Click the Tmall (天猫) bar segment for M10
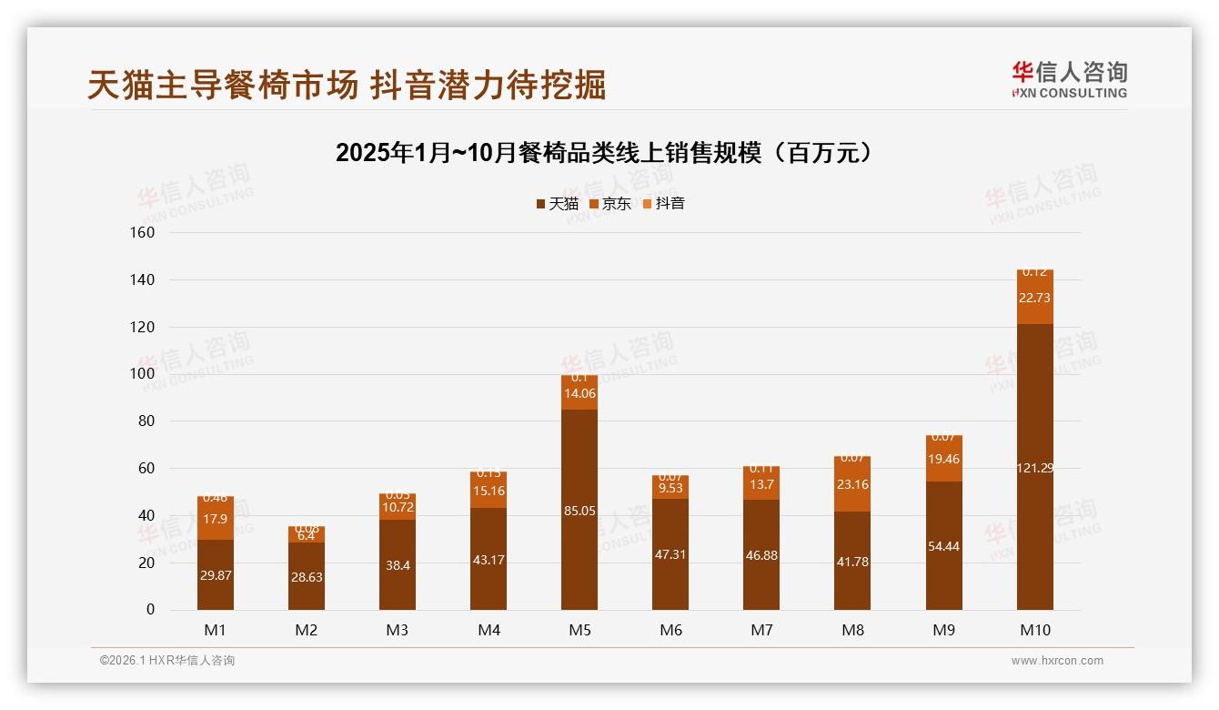click(x=1034, y=466)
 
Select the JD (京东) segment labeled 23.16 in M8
click(x=852, y=484)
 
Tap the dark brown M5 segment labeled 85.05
click(x=579, y=510)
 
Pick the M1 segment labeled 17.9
click(x=216, y=519)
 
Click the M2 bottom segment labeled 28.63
click(x=307, y=576)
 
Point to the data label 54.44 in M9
click(x=943, y=546)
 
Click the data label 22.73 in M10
click(x=1034, y=298)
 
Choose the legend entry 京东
click(x=610, y=204)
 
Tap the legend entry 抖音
click(x=664, y=204)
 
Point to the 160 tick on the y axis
click(x=144, y=232)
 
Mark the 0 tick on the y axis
click(x=150, y=610)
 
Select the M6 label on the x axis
click(x=670, y=630)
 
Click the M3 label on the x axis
click(x=398, y=630)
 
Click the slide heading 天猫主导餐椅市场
click(x=347, y=86)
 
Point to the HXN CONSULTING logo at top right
click(x=1069, y=80)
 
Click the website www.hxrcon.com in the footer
click(x=1057, y=661)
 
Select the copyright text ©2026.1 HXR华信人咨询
click(x=167, y=661)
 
